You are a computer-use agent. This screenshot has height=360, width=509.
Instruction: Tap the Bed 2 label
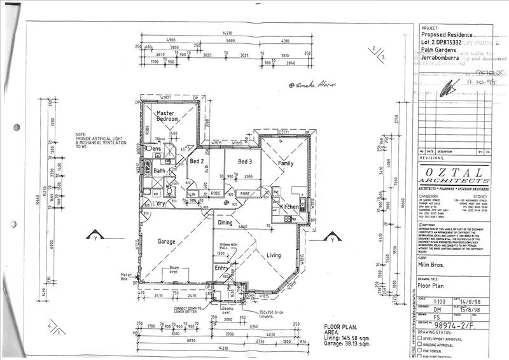(197, 162)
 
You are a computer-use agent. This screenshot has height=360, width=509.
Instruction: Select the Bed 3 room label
(246, 162)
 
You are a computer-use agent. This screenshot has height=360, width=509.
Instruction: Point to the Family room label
(286, 163)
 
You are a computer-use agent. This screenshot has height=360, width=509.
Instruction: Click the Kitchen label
(289, 207)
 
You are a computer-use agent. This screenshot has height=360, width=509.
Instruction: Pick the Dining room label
(225, 223)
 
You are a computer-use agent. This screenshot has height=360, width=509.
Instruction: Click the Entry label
(221, 268)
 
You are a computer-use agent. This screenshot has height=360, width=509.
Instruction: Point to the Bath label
(159, 171)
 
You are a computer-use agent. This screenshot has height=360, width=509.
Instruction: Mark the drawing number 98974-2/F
(462, 325)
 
